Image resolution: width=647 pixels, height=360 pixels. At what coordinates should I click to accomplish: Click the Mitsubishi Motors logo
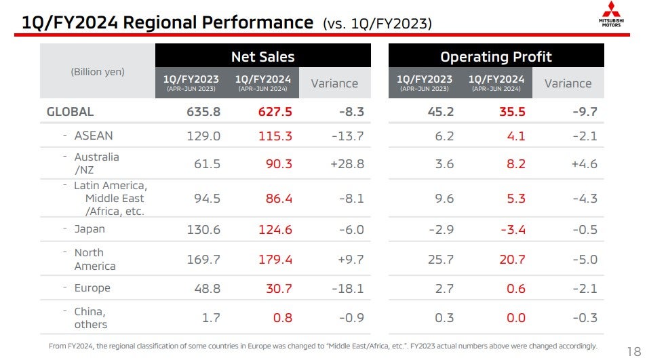pos(612,15)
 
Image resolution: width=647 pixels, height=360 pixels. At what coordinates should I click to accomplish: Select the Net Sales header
pos(262,56)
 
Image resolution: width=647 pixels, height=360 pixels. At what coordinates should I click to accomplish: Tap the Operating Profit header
pos(496,56)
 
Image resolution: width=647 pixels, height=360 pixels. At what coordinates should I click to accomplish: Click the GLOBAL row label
pos(70,112)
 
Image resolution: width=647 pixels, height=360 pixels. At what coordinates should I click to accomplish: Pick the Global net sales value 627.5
pos(275,112)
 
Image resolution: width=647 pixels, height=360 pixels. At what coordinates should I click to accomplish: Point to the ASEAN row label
pos(94,136)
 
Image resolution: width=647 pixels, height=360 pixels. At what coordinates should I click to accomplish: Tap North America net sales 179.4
pos(275,259)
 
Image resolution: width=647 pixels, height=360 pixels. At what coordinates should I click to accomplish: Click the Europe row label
pos(92,287)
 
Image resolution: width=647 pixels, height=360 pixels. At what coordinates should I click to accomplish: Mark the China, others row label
pos(90,317)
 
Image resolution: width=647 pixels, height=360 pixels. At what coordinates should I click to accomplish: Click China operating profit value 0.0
pos(515,317)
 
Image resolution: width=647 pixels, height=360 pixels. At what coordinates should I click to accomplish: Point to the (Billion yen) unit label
pos(98,72)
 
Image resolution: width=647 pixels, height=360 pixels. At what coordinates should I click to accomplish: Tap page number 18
pos(633,351)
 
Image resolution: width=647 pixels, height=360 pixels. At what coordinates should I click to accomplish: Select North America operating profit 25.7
pos(442,259)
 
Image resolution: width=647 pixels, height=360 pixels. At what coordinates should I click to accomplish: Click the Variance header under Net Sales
pos(334,83)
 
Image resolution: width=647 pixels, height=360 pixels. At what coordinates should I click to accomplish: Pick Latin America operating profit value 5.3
pos(515,199)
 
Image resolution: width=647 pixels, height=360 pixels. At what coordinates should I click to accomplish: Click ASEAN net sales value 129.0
pos(203,136)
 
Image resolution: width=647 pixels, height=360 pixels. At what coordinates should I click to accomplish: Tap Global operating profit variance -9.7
pos(584,112)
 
